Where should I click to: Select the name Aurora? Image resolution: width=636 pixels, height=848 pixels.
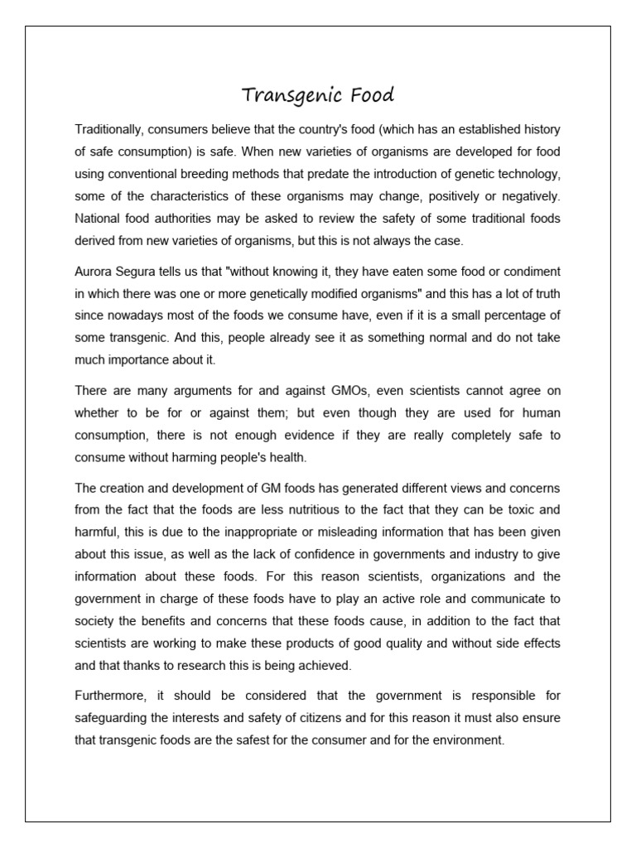point(94,272)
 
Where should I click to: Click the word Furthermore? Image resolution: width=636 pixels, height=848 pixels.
point(110,694)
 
